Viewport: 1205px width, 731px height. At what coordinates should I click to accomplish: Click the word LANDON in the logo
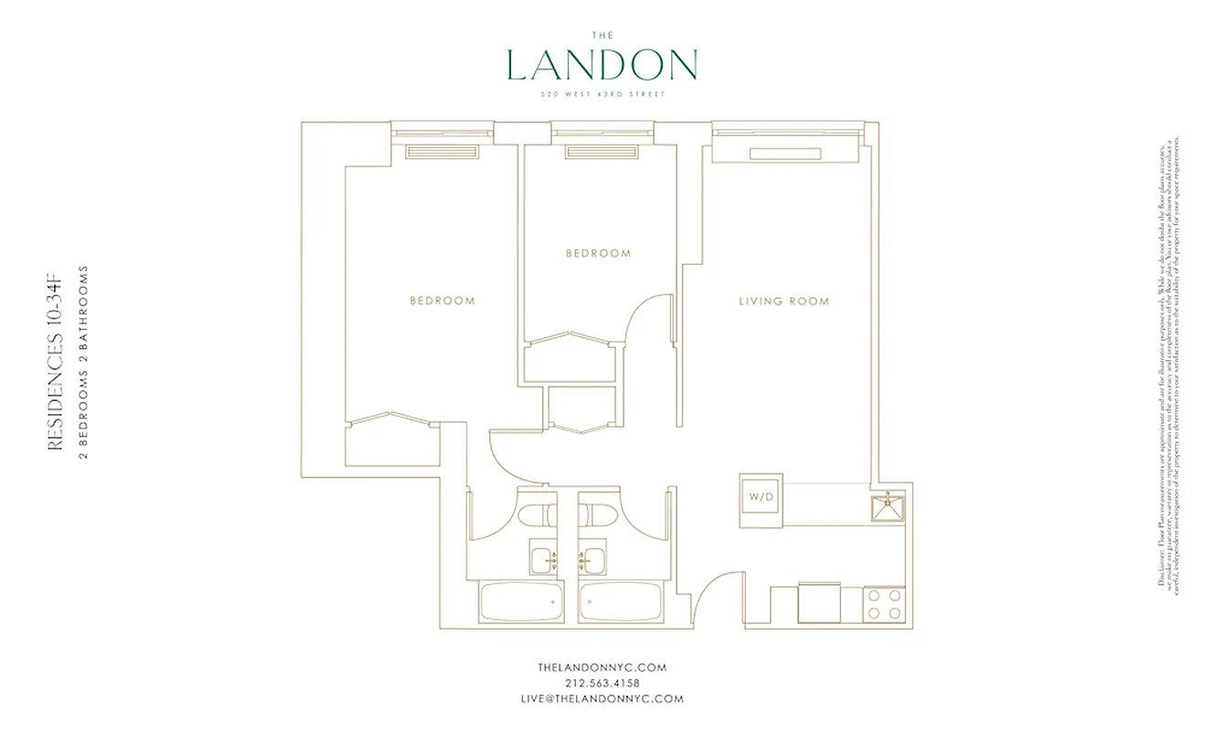coord(602,65)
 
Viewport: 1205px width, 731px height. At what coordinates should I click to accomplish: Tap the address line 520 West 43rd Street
coord(602,94)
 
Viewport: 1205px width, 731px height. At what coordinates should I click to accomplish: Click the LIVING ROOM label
coord(784,301)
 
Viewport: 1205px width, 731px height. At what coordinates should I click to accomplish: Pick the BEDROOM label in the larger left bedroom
coord(442,301)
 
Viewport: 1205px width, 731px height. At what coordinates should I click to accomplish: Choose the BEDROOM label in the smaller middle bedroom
coord(598,253)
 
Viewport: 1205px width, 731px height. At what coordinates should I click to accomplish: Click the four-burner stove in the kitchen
coord(884,604)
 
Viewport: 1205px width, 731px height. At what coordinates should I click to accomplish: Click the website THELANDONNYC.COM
coord(602,668)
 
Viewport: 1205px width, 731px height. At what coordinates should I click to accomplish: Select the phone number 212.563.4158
coord(602,683)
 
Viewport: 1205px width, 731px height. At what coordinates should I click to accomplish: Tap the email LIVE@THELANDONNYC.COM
coord(602,699)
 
